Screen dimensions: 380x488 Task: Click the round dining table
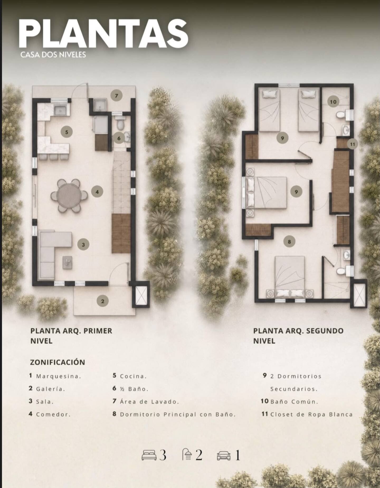(69, 195)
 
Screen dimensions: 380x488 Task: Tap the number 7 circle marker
(116, 96)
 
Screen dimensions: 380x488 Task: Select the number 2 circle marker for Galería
(103, 301)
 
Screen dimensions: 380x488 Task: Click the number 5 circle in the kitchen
(66, 132)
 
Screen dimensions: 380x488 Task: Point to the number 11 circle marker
(353, 144)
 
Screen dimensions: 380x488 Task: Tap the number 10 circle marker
(333, 102)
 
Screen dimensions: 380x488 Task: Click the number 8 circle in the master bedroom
(289, 241)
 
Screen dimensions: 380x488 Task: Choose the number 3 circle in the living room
(83, 245)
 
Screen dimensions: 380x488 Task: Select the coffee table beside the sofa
(67, 263)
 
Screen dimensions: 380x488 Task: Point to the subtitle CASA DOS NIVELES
(53, 55)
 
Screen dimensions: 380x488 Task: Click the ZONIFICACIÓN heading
(58, 362)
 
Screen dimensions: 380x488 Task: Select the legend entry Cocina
(133, 376)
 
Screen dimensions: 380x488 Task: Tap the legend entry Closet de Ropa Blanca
(311, 414)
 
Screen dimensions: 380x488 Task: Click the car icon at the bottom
(224, 456)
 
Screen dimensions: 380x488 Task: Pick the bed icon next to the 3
(149, 456)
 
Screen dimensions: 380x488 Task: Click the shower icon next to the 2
(187, 454)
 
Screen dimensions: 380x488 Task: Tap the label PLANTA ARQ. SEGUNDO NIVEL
(298, 336)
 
